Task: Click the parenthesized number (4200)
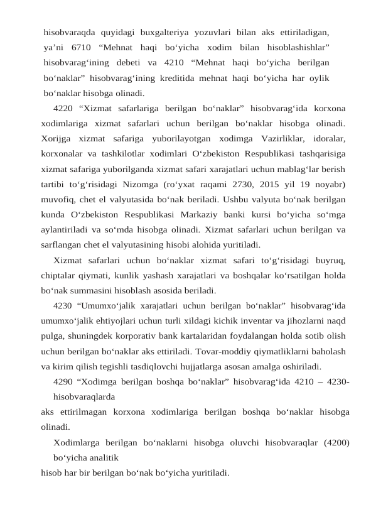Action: [337, 442]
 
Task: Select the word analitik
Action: [100, 458]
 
